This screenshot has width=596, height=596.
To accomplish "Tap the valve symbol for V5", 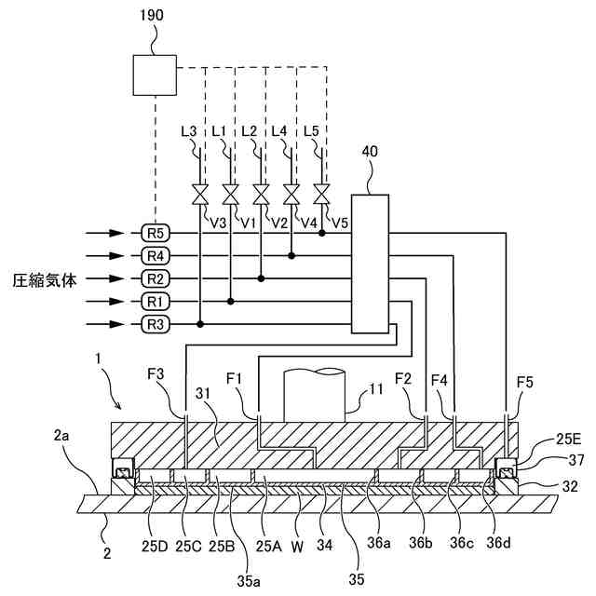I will click(321, 196).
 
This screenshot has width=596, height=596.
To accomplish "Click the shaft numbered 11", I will click(316, 391).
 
